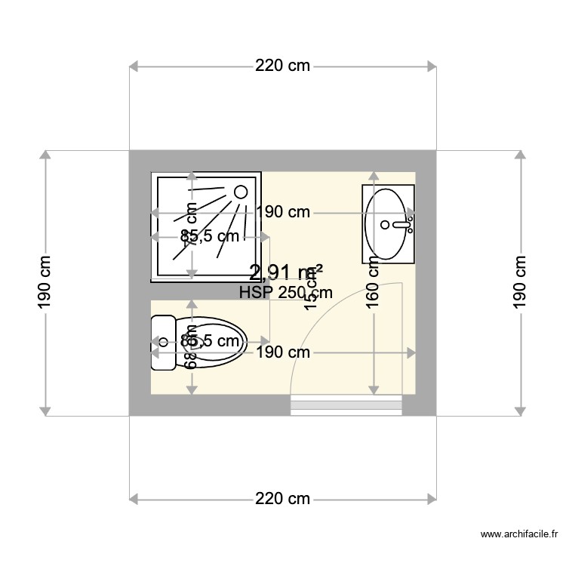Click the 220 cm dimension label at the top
point(283,66)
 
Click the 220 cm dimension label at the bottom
point(283,499)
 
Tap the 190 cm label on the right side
point(520,282)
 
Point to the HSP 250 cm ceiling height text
point(285,293)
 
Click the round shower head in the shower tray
point(241,192)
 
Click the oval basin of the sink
point(386,223)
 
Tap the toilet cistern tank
point(162,343)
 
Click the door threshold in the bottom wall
point(346,405)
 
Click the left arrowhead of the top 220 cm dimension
point(135,66)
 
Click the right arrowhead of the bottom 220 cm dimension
point(432,499)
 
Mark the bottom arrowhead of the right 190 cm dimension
point(520,409)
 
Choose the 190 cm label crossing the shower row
point(283,212)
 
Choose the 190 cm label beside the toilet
point(283,352)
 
